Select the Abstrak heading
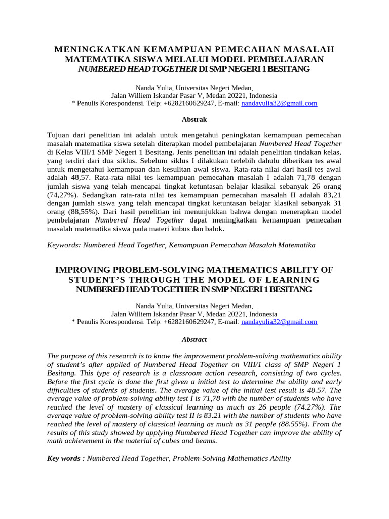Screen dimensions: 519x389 coord(194,120)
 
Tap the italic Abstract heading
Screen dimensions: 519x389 coord(194,339)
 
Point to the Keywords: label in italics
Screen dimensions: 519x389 coord(64,245)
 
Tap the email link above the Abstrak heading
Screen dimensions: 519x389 coord(279,103)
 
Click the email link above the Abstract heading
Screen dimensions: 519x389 coord(279,322)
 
